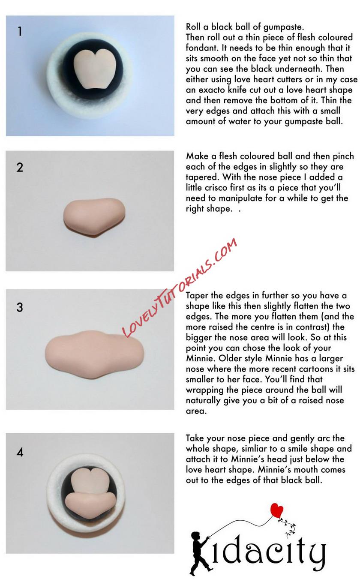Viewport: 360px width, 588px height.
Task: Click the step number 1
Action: click(20, 31)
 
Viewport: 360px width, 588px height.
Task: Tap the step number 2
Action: click(20, 167)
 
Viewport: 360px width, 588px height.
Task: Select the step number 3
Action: click(20, 307)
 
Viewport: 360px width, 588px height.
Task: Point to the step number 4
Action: click(20, 452)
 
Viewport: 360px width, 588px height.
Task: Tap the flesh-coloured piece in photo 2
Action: click(94, 217)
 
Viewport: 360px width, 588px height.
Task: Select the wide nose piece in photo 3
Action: click(95, 354)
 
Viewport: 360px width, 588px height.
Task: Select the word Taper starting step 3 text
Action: click(197, 296)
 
